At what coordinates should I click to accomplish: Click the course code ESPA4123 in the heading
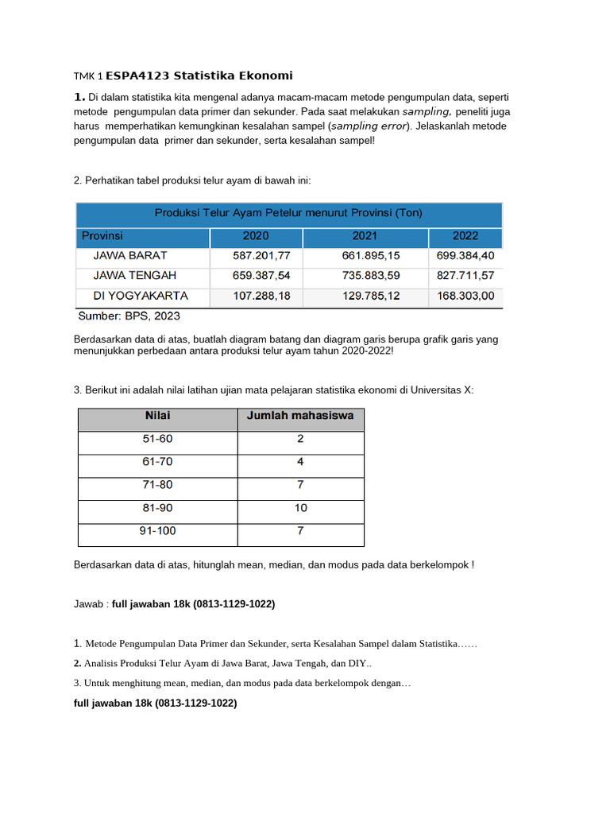click(137, 76)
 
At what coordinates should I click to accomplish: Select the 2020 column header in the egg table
click(256, 236)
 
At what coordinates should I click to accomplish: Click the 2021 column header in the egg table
click(365, 236)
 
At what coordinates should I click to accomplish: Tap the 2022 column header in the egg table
click(465, 236)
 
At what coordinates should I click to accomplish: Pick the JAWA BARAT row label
click(130, 256)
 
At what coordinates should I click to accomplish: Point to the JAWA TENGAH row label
click(135, 275)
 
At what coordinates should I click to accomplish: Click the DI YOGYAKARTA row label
click(141, 295)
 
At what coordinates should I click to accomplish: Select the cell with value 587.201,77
click(257, 256)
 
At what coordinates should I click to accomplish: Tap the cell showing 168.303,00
click(465, 296)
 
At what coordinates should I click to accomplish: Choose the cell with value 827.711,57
click(465, 276)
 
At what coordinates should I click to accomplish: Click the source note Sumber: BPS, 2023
click(129, 316)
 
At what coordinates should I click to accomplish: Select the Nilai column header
click(157, 416)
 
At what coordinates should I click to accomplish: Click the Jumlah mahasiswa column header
click(300, 416)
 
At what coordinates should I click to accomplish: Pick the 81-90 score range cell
click(157, 508)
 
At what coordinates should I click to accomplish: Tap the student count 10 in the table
click(300, 508)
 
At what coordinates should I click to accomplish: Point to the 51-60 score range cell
click(157, 439)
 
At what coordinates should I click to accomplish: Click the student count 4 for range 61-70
click(300, 462)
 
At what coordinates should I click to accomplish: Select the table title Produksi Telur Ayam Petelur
click(288, 213)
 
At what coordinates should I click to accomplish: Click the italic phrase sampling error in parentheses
click(369, 126)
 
